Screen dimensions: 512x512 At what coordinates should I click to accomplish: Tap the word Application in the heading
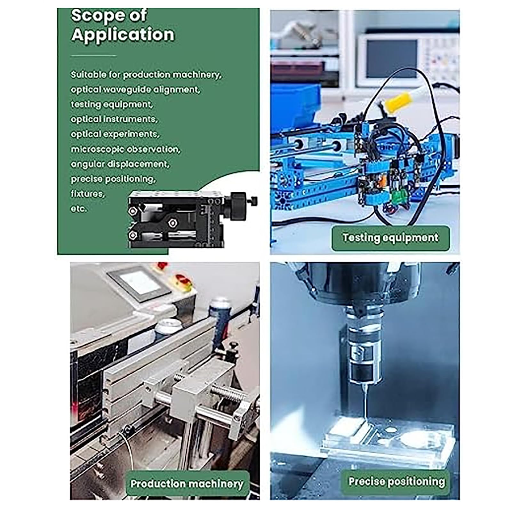tap(123, 35)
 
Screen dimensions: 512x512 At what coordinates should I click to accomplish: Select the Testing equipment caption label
tap(390, 238)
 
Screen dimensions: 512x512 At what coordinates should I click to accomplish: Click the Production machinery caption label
tap(187, 484)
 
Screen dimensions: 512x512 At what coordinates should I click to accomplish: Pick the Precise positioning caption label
tap(396, 481)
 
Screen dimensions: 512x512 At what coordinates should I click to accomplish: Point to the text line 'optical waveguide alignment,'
tap(135, 90)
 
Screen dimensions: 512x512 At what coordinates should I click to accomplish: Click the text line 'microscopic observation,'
tap(125, 149)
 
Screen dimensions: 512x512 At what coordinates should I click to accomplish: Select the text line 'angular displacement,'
tap(120, 164)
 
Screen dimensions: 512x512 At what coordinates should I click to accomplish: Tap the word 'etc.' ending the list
tap(79, 209)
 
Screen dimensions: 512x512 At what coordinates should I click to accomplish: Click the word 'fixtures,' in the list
tap(88, 194)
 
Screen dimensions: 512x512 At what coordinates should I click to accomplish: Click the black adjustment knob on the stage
tap(238, 205)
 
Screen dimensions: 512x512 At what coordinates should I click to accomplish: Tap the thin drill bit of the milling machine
tap(364, 401)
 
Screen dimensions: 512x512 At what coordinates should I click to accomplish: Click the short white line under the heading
tap(93, 56)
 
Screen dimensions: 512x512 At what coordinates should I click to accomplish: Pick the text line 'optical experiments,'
tap(115, 134)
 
